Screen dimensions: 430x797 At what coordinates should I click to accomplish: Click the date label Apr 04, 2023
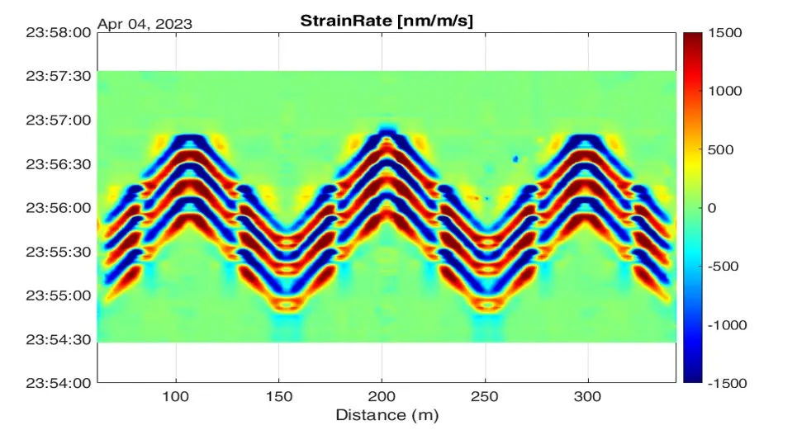pyautogui.click(x=145, y=23)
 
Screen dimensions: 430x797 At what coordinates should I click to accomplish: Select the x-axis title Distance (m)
pyautogui.click(x=387, y=414)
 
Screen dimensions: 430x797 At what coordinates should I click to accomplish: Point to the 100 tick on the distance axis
pyautogui.click(x=176, y=396)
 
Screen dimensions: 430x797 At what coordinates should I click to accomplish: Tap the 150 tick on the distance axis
pyautogui.click(x=279, y=396)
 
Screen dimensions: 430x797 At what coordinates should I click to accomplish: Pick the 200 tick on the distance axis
pyautogui.click(x=382, y=396)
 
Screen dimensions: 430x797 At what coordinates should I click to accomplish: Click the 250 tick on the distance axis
pyautogui.click(x=486, y=396)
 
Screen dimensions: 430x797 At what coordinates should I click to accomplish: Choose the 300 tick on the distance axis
pyautogui.click(x=588, y=396)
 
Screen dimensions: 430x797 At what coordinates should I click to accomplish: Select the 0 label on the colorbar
pyautogui.click(x=711, y=208)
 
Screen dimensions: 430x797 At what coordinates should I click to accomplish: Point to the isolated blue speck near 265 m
pyautogui.click(x=515, y=158)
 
